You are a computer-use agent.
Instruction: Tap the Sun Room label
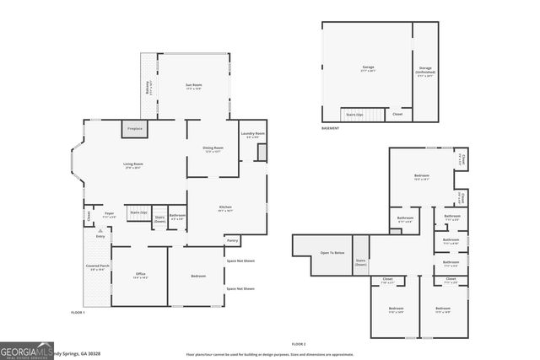pyautogui.click(x=194, y=86)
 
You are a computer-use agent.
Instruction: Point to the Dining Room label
pyautogui.click(x=213, y=149)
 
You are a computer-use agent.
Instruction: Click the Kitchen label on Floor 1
pyautogui.click(x=225, y=208)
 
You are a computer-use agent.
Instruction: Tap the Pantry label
pyautogui.click(x=232, y=241)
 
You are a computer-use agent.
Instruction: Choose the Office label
pyautogui.click(x=141, y=275)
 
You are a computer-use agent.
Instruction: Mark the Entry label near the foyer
pyautogui.click(x=100, y=237)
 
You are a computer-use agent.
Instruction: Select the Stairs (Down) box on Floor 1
pyautogui.click(x=159, y=220)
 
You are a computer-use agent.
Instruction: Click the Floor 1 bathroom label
pyautogui.click(x=177, y=216)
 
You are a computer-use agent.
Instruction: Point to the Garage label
pyautogui.click(x=368, y=67)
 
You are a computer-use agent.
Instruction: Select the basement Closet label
pyautogui.click(x=397, y=114)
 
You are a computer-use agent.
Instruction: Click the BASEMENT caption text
pyautogui.click(x=331, y=129)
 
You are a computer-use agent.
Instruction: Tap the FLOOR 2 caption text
pyautogui.click(x=299, y=344)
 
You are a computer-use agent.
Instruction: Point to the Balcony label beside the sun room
pyautogui.click(x=148, y=87)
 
